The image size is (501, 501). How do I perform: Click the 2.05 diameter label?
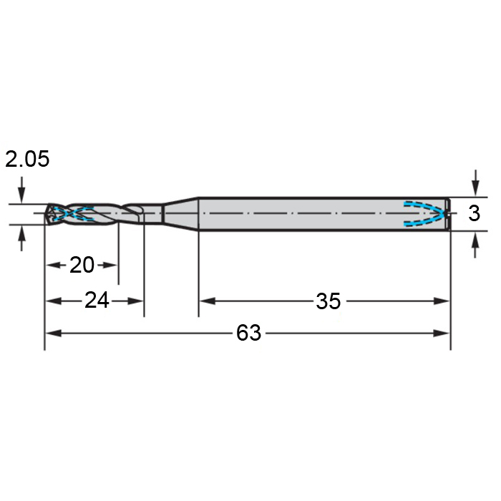(x=27, y=159)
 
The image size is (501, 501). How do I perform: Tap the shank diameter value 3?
(x=474, y=213)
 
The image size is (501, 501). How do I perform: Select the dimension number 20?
(x=82, y=265)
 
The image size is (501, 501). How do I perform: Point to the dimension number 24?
(x=97, y=301)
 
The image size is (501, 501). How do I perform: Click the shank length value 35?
(x=328, y=301)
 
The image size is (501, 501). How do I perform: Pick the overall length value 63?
(x=248, y=333)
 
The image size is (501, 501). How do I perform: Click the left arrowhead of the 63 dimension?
(x=54, y=334)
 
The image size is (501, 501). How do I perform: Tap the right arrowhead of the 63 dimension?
(x=441, y=334)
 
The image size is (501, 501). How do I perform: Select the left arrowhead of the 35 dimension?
(x=208, y=301)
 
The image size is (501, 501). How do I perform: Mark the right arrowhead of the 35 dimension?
(x=441, y=301)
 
